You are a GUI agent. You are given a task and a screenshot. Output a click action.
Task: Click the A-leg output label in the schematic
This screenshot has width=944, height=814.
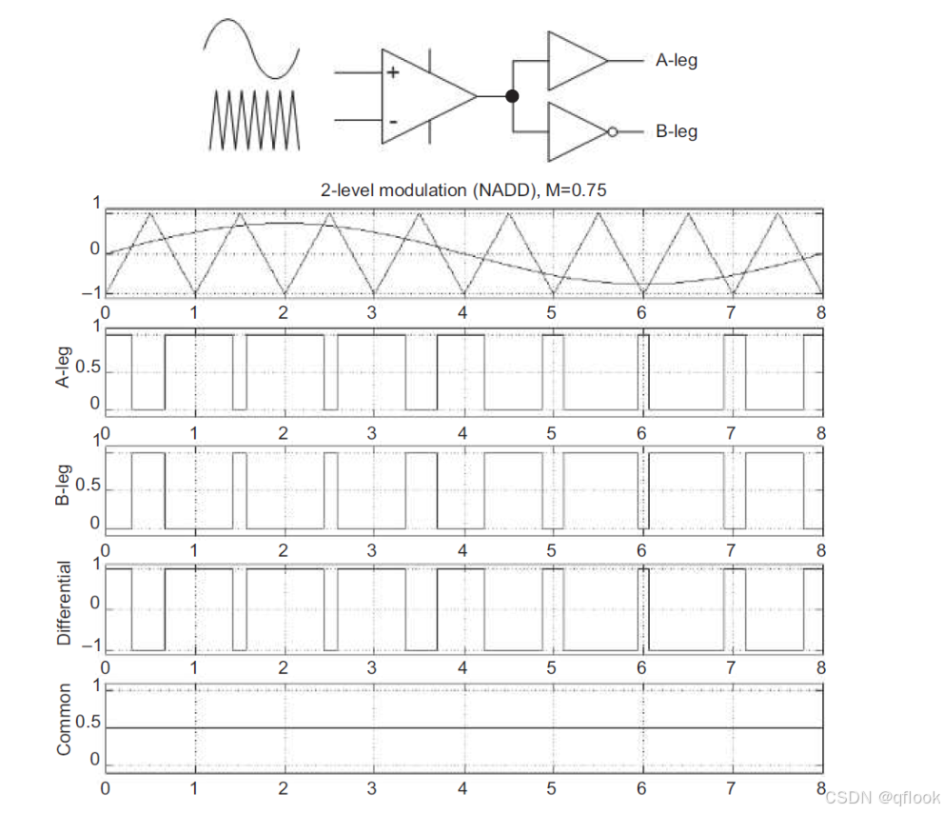676,61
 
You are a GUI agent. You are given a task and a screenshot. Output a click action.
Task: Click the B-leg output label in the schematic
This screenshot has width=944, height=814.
676,131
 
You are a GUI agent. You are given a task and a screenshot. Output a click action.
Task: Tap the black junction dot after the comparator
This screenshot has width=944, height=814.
512,95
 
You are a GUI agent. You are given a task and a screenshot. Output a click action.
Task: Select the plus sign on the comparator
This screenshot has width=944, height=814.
392,72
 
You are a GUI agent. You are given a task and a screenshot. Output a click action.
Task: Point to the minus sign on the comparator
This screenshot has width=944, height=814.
392,121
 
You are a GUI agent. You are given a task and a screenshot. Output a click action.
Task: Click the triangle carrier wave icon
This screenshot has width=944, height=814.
253,119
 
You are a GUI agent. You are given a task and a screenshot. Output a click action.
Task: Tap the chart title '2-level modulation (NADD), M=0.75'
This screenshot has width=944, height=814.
463,190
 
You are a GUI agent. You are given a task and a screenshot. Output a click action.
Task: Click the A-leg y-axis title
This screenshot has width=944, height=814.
65,370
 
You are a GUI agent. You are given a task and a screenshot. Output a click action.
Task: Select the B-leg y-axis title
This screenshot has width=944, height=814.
65,489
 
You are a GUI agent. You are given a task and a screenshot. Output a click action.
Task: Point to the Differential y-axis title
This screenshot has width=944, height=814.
65,604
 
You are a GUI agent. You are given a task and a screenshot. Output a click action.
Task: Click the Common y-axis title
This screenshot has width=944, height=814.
65,720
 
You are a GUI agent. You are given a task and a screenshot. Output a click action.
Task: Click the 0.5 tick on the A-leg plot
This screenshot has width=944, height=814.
88,370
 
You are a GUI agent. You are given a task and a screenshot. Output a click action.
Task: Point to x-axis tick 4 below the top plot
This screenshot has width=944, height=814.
462,311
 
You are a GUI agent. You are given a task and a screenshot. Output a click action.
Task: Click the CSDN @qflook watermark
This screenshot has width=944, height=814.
881,796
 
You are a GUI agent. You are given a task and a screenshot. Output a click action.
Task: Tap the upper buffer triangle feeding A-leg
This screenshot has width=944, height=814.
573,61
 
